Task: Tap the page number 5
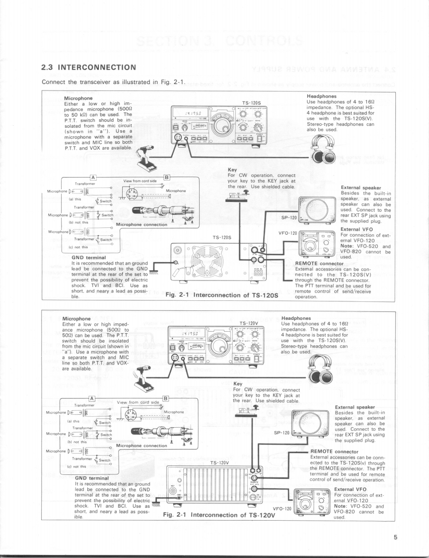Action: pyautogui.click(x=396, y=537)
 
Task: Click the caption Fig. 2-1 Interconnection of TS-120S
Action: pyautogui.click(x=220, y=294)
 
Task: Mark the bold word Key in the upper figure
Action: pyautogui.click(x=232, y=169)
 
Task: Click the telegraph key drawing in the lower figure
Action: pyautogui.click(x=244, y=413)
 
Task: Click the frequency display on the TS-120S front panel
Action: pyautogui.click(x=190, y=114)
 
